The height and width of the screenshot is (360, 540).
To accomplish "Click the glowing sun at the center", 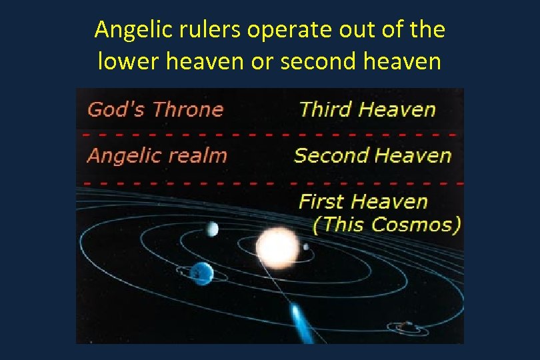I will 277,247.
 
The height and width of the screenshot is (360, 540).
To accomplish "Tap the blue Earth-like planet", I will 201,272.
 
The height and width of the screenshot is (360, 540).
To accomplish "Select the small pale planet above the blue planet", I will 212,229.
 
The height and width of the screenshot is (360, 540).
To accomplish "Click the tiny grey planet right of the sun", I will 306,247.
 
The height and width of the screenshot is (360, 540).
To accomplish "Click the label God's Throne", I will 155,109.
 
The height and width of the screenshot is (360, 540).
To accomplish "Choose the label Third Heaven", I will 367,109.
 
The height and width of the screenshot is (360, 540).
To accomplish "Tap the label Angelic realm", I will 157,156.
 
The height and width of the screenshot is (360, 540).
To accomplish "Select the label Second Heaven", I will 373,156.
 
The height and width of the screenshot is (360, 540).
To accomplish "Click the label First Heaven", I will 363,201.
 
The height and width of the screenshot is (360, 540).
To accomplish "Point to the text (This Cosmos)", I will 387,224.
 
